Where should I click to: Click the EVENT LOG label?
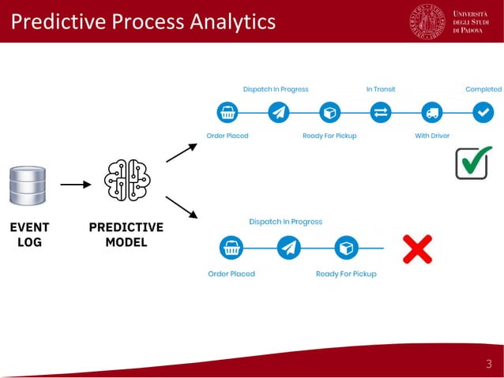[29, 234]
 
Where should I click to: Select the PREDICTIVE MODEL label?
[126, 234]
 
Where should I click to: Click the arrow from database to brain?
[76, 185]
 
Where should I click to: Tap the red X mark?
[417, 249]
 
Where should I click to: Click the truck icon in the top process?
[432, 113]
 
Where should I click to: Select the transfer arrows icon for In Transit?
[381, 113]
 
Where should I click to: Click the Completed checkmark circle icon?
[483, 113]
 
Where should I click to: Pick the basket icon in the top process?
[228, 113]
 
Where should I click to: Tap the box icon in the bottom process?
[346, 249]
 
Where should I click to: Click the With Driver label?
[432, 136]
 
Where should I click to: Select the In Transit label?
[381, 89]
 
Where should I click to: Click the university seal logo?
[427, 21]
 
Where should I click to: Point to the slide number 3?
[488, 364]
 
